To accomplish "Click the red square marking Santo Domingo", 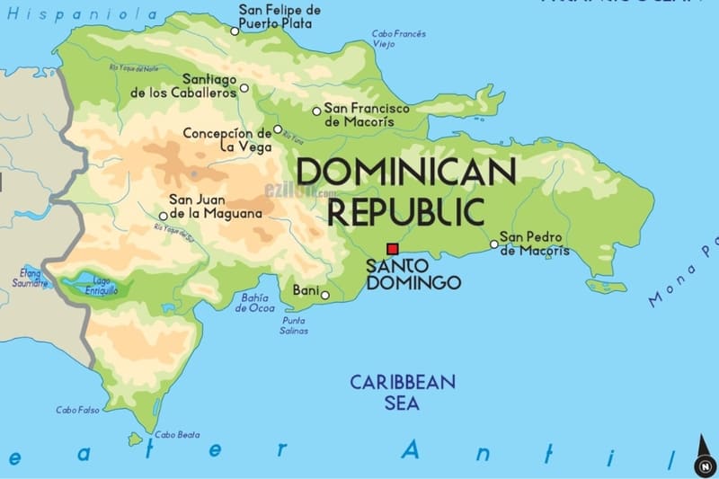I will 392,249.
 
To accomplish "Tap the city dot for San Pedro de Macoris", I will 493,244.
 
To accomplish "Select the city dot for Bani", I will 324,295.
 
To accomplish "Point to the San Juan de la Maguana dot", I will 163,216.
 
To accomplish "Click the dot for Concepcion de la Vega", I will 278,129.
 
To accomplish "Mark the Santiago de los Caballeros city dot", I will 244,89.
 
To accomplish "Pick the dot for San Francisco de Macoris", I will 316,111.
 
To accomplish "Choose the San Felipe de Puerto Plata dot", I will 235,31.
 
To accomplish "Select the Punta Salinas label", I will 294,325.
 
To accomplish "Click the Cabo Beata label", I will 176,435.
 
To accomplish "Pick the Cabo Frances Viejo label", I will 399,39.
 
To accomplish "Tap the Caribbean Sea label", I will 403,392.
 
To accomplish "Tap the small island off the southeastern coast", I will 605,286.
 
